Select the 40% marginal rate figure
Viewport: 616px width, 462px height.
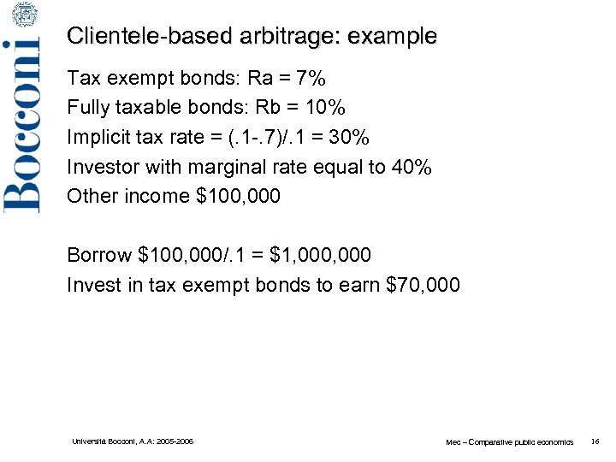pyautogui.click(x=411, y=167)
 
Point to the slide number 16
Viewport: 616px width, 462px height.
pyautogui.click(x=595, y=441)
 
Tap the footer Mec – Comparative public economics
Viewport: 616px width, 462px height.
pyautogui.click(x=509, y=442)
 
